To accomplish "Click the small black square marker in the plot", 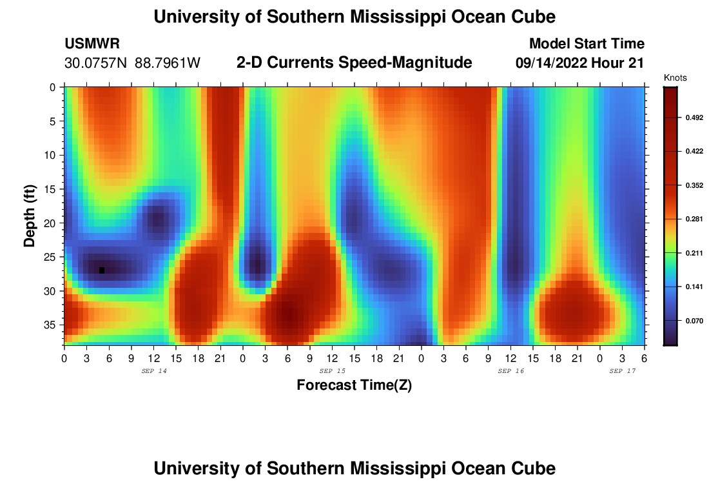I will click(102, 270).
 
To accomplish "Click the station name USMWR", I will click(92, 44).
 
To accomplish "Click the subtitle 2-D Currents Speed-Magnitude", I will click(354, 63).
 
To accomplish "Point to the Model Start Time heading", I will click(587, 44).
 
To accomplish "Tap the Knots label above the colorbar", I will click(675, 78).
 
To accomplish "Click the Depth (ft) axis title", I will click(30, 216).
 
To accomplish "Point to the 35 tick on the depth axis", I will click(53, 325).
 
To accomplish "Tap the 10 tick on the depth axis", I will click(53, 155).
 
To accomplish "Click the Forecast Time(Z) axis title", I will click(354, 385).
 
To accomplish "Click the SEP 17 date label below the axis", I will click(623, 371).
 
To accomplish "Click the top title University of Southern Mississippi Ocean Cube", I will click(354, 17).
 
